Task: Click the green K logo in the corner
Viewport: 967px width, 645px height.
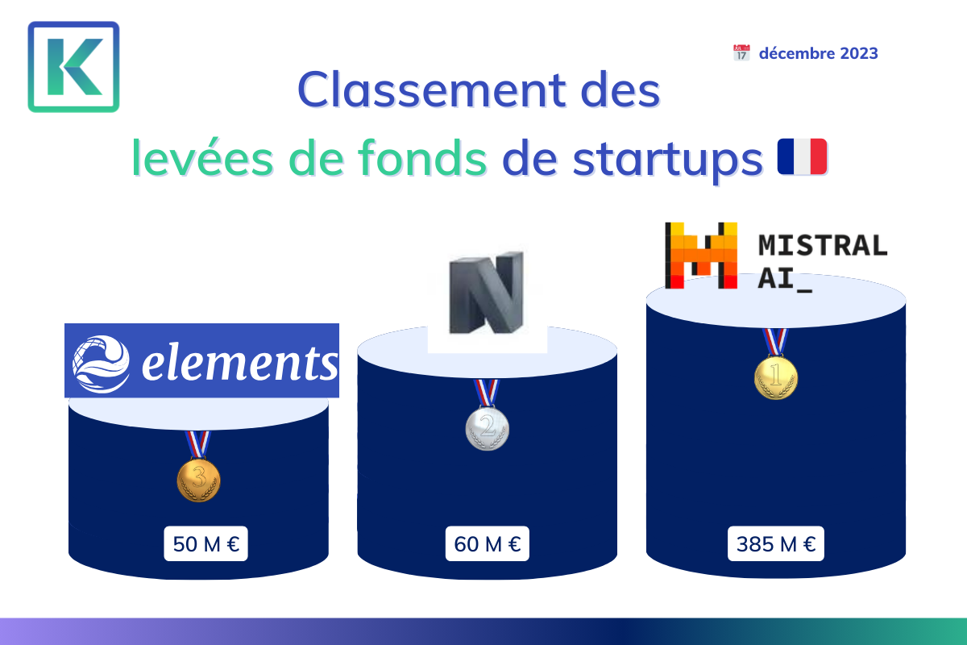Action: [x=73, y=67]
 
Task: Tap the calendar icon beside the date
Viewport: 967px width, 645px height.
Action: [x=741, y=52]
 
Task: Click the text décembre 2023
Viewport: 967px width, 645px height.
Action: [x=818, y=53]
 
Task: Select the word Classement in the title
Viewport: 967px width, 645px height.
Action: [x=431, y=90]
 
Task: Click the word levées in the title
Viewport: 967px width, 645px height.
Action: [x=202, y=158]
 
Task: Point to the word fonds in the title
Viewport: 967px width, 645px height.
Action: [x=422, y=158]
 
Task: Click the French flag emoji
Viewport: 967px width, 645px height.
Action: [x=802, y=156]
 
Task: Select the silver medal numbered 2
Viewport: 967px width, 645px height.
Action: [x=488, y=414]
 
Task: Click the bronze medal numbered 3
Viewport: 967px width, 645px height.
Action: [x=198, y=467]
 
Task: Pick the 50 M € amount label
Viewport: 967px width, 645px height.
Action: [x=206, y=543]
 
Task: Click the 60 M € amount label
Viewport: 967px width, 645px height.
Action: [x=488, y=543]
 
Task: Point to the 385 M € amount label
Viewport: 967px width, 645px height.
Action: [x=776, y=543]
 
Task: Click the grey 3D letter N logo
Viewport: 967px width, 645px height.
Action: [x=487, y=293]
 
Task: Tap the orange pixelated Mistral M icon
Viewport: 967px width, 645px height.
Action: [x=701, y=256]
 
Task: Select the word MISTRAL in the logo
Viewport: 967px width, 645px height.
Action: [x=823, y=245]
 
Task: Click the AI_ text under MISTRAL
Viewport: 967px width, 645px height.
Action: [x=785, y=279]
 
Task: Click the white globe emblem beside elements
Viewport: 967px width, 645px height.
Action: [x=101, y=364]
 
